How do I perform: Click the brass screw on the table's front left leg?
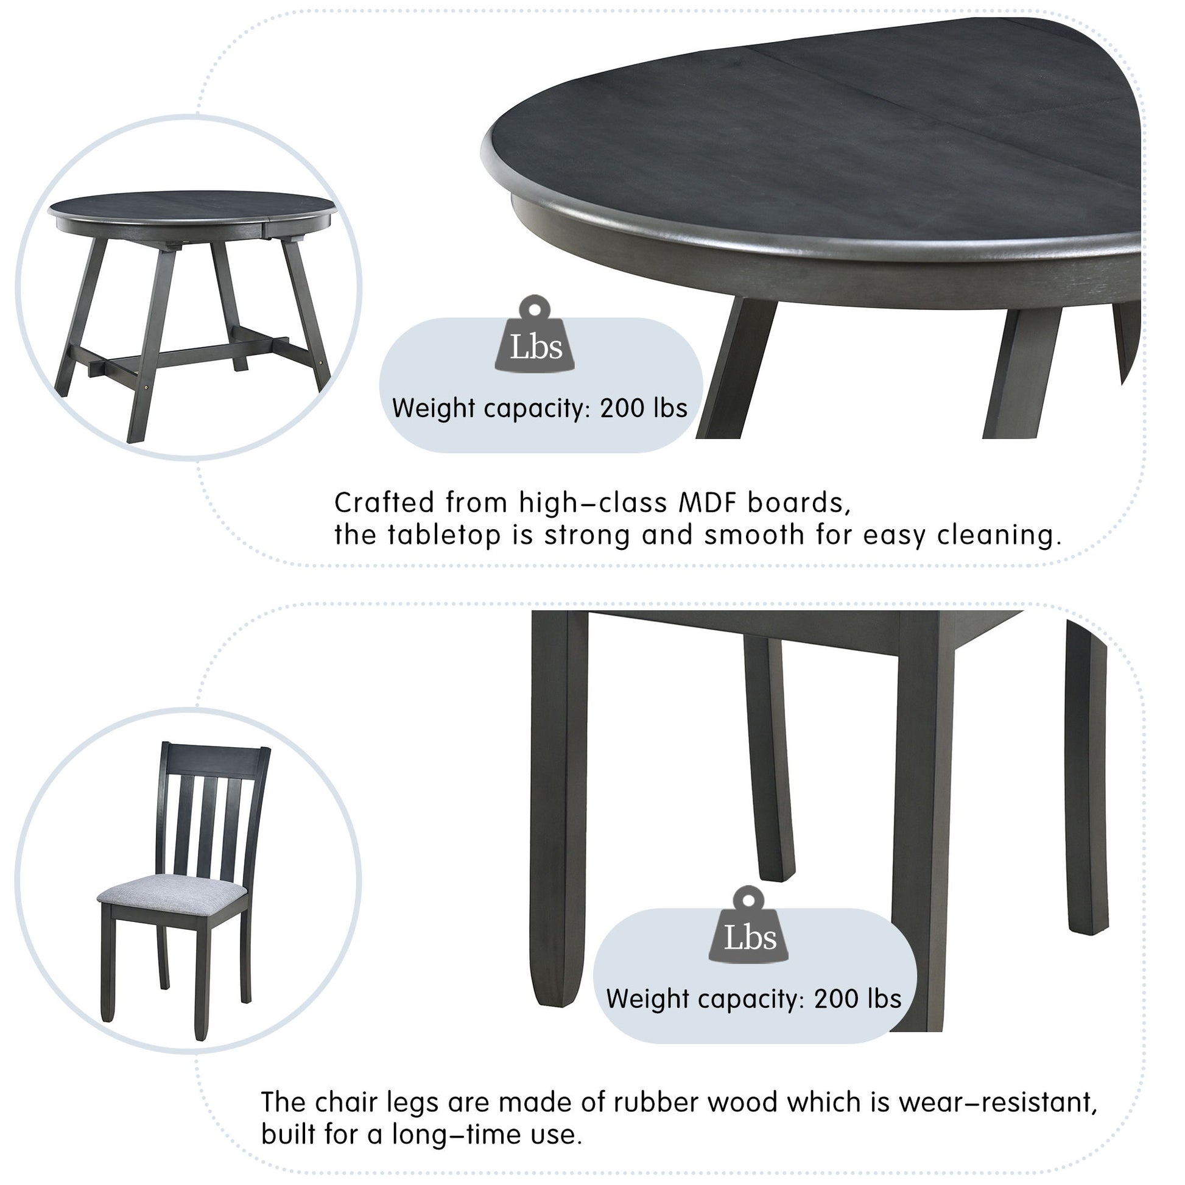coord(146,387)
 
